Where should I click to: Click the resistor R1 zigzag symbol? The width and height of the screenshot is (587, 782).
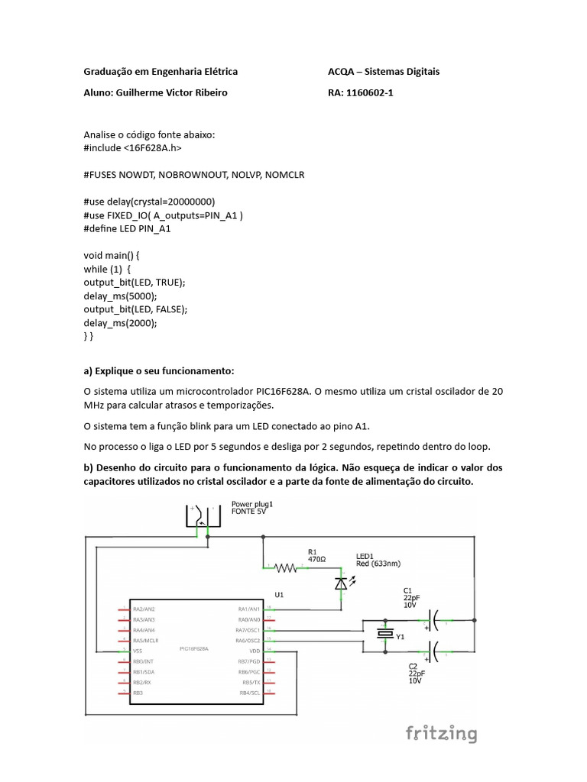point(287,567)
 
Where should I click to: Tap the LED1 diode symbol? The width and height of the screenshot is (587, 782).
point(341,584)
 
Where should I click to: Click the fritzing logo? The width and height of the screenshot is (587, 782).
point(441,734)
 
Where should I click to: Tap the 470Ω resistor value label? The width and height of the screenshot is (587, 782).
point(316,560)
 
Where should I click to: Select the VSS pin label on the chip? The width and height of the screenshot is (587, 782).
point(138,651)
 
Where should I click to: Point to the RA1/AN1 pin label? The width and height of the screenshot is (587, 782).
point(249,609)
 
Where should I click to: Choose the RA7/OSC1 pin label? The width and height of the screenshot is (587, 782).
point(248,630)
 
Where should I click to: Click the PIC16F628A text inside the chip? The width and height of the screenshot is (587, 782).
point(193,648)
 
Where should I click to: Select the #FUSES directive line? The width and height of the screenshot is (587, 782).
point(193,175)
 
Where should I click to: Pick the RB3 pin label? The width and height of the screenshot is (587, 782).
point(138,693)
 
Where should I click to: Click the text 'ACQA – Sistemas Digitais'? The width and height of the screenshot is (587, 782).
point(383,72)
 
